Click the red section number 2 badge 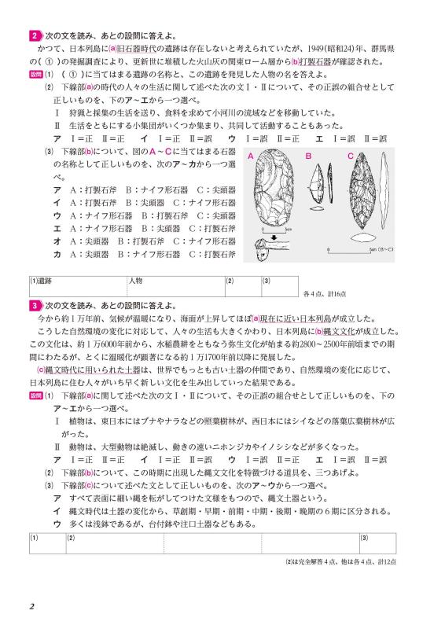[x=35, y=37]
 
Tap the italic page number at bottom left [x=31, y=606]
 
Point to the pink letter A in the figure [x=251, y=157]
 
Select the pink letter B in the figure [x=308, y=157]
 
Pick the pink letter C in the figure [x=350, y=157]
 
